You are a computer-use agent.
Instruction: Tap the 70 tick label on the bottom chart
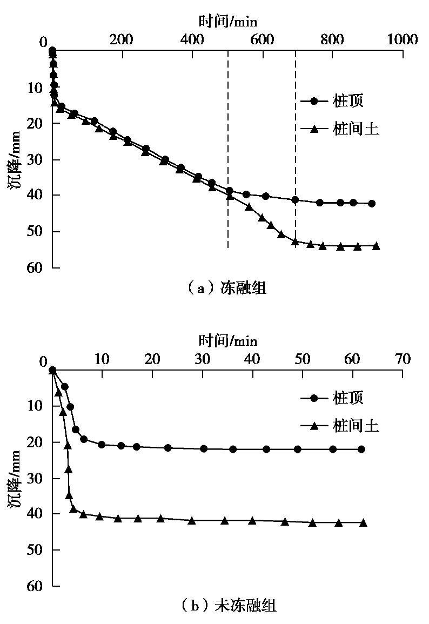coord(403,359)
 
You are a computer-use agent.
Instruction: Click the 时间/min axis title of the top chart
coord(227,22)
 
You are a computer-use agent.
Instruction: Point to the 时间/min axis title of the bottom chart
coord(227,340)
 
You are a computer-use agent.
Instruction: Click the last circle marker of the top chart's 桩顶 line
coord(372,204)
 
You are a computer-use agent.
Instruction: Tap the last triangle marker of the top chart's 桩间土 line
coord(376,246)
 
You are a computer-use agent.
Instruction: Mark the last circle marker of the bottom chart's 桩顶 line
coord(361,449)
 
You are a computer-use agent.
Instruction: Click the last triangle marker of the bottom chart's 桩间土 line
coord(363,522)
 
